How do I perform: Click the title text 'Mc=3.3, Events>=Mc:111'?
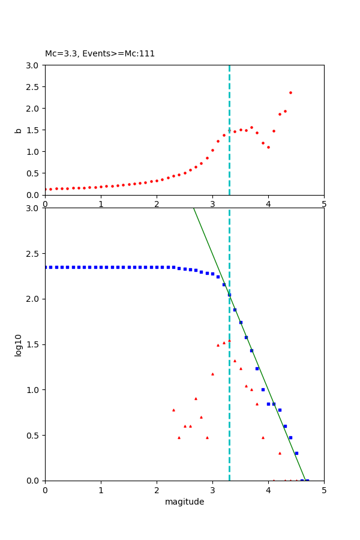coord(100,54)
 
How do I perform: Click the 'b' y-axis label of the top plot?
coord(19,130)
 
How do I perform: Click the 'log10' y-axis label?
coord(19,345)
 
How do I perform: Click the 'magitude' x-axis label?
coord(184,502)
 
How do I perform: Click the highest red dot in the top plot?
coord(290,92)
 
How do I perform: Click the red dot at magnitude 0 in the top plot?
coord(45,190)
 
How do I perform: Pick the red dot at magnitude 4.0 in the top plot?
coord(268,147)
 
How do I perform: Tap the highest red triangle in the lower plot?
coord(229,340)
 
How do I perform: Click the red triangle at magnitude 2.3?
coord(173,410)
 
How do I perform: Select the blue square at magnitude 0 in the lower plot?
coord(45,267)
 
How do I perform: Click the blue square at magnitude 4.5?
coord(296,453)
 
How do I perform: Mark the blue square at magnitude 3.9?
coord(263,389)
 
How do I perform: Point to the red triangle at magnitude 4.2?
coord(280,453)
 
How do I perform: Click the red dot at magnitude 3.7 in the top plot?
coord(251,127)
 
